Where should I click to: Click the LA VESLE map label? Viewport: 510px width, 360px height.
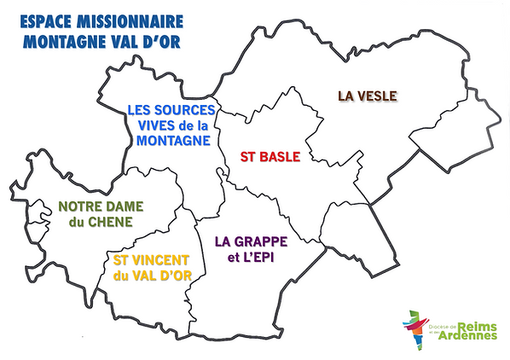click(x=367, y=96)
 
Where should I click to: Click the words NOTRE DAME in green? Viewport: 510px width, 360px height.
click(x=101, y=206)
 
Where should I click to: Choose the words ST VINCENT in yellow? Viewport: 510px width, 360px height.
click(x=152, y=258)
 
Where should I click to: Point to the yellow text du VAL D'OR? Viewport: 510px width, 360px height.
click(x=152, y=274)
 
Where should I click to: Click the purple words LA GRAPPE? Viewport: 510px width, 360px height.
click(x=251, y=241)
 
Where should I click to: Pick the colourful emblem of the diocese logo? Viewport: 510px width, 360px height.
click(x=414, y=327)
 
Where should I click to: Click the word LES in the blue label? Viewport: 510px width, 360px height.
click(x=140, y=109)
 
